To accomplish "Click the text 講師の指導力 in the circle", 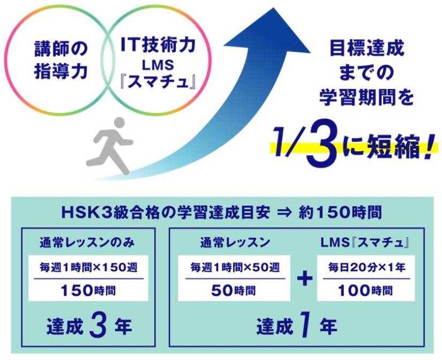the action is coord(61,60).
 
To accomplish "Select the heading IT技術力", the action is coord(158,45).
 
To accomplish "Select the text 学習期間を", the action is coord(366,97).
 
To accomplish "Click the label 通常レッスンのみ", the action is coord(87,243).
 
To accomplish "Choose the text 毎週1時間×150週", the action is coord(88,267).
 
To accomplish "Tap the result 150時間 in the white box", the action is coord(88,290).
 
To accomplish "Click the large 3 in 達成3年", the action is coord(98,326).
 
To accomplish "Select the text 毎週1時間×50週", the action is coord(235,267).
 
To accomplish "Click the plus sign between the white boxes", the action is coord(305,279).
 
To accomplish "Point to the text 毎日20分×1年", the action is coord(367,267).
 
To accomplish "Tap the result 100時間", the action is coord(365,290).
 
